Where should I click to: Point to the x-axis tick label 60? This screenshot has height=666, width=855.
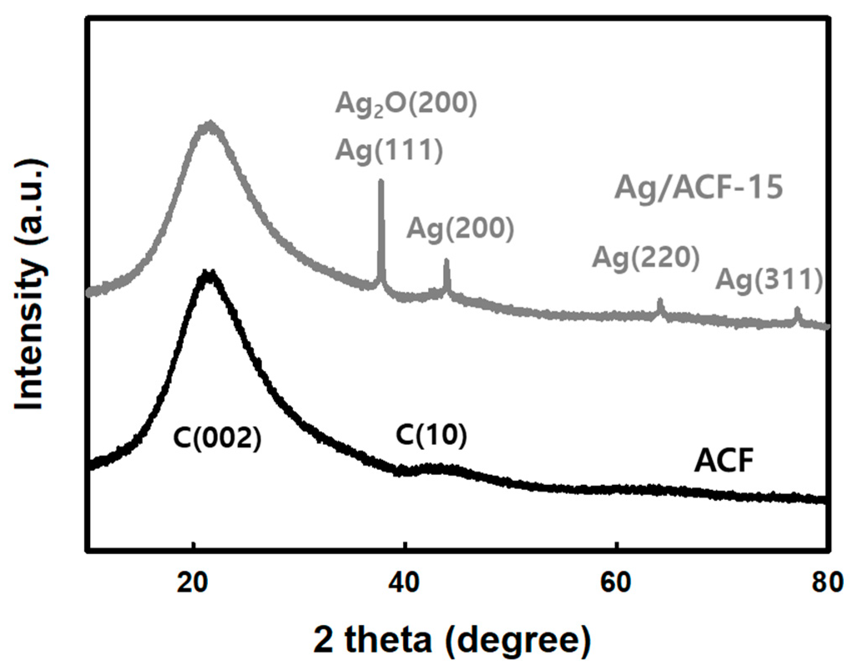tap(616, 583)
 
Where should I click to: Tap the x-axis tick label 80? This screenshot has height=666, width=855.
tap(827, 583)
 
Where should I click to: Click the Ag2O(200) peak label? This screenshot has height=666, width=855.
tap(406, 105)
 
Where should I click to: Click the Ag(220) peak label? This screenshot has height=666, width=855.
tap(646, 257)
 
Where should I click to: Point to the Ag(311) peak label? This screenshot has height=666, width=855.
tap(769, 280)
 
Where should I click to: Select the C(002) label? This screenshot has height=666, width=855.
tap(217, 439)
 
